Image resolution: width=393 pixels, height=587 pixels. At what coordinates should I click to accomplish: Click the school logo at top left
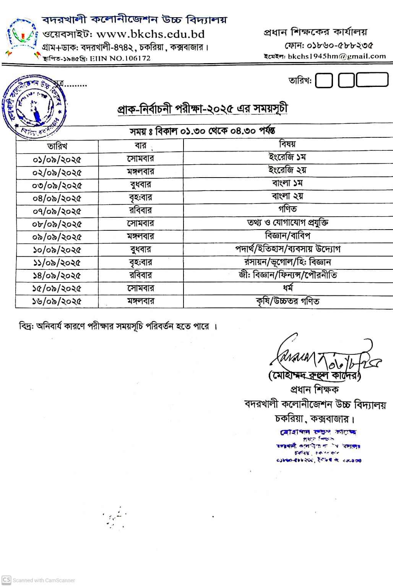(x=22, y=37)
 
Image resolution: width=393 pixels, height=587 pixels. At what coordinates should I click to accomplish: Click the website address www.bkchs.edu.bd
(x=150, y=34)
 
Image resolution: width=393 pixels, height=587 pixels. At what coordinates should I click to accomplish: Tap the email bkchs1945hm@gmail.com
(x=336, y=56)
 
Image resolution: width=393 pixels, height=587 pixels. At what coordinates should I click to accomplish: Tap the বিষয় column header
(x=287, y=144)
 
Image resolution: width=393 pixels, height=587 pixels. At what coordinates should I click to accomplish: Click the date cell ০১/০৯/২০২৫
(x=57, y=160)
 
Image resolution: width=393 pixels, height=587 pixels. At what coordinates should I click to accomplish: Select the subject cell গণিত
(x=287, y=209)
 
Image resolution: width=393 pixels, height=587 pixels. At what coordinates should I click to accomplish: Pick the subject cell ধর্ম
(x=287, y=288)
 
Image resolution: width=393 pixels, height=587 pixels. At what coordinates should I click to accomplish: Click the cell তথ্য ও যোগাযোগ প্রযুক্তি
(x=287, y=222)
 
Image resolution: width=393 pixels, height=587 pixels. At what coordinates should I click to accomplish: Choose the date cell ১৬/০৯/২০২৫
(x=57, y=302)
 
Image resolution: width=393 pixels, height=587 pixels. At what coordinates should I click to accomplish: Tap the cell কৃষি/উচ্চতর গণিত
(x=287, y=302)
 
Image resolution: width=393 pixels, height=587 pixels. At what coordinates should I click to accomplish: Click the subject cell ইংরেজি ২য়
(x=287, y=170)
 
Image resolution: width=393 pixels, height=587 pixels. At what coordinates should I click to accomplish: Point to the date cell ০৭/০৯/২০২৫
(x=57, y=211)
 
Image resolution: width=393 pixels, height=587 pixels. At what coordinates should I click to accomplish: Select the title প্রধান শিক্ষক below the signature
(x=314, y=390)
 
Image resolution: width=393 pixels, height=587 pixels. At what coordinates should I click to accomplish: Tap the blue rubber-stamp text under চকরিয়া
(x=318, y=446)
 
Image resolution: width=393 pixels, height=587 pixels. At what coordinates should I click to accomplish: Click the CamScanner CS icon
(x=6, y=580)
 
